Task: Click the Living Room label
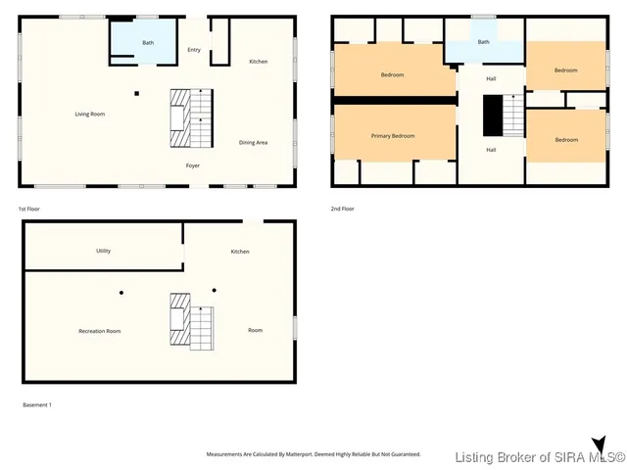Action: pos(90,115)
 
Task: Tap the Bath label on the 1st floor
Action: pos(148,42)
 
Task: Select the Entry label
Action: pos(194,49)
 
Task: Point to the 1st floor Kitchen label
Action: pos(258,62)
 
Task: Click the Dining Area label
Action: pos(254,143)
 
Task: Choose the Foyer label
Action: pos(194,165)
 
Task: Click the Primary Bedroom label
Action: pos(392,136)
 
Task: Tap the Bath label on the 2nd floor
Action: pos(483,42)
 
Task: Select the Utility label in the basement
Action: pos(103,251)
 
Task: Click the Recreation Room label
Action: pos(100,331)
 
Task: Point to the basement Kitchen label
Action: pos(240,252)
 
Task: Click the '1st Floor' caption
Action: pos(29,209)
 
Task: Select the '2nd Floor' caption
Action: pos(343,209)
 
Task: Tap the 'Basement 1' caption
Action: pos(37,404)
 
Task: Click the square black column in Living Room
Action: pos(137,94)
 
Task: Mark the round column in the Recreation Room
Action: pos(121,291)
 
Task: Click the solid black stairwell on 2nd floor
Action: pos(492,115)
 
